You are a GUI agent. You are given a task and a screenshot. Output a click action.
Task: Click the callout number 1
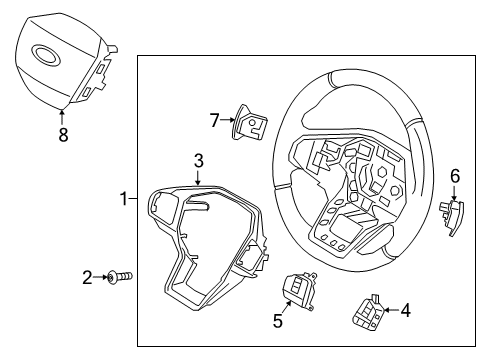pos(124,199)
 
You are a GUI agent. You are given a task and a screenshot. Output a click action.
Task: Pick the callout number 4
pos(405,311)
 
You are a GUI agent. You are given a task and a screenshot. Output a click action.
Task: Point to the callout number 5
pos(279,321)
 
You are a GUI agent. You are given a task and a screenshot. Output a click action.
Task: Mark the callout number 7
pos(214,120)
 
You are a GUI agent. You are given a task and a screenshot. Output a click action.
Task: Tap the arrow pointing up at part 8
pos(62,115)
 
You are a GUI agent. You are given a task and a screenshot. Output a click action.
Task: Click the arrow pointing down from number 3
pos(199,177)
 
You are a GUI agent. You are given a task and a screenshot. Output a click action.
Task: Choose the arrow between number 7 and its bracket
pos(227,120)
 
